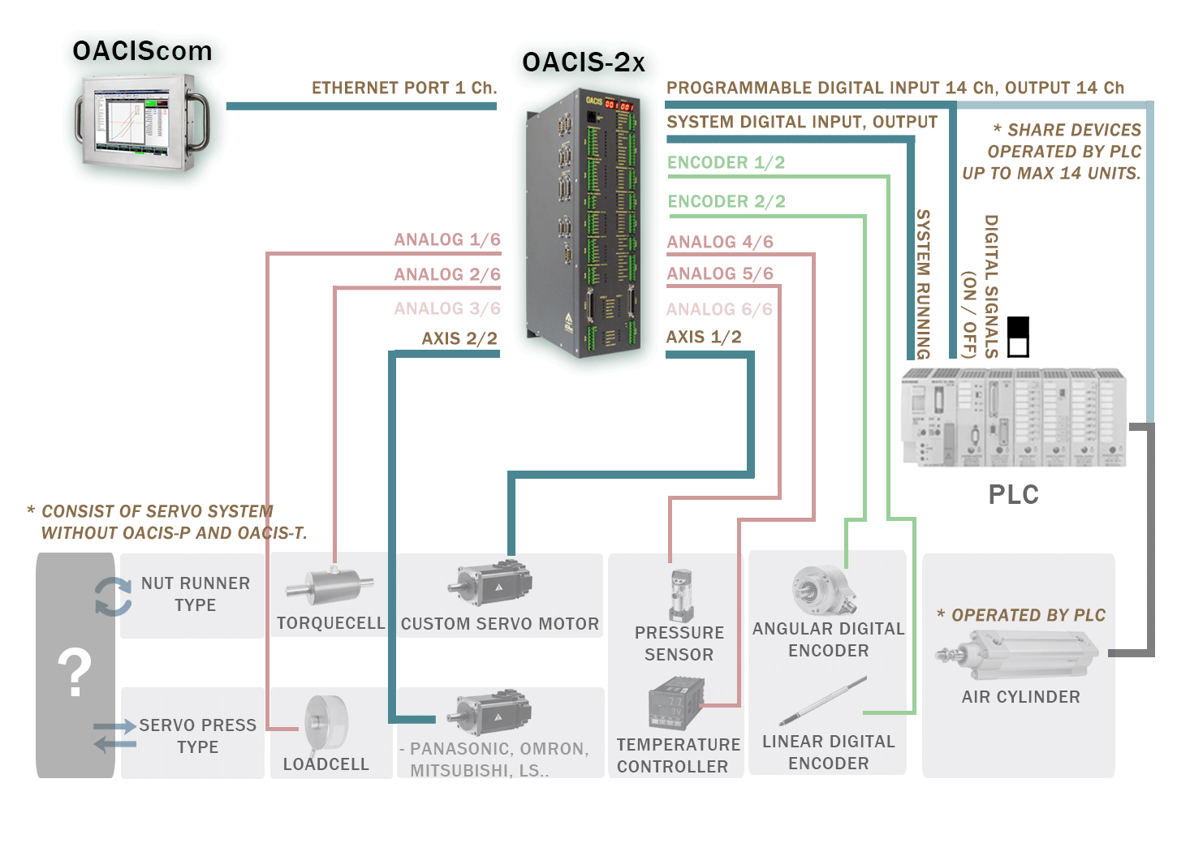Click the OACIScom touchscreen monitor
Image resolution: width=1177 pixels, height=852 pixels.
tap(141, 122)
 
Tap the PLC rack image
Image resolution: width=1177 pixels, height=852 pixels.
tap(1014, 417)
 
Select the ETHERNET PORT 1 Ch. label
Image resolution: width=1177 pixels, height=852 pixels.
tap(403, 88)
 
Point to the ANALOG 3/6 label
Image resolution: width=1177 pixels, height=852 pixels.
tap(446, 308)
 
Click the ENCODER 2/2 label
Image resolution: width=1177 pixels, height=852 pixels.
tap(726, 201)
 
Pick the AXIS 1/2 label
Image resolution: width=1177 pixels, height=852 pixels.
tap(703, 337)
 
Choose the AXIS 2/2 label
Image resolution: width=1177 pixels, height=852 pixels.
tap(459, 338)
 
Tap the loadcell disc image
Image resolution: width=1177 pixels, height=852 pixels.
tap(326, 721)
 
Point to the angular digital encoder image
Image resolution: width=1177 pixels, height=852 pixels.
tap(823, 590)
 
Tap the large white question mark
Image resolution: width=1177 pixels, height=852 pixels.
tap(75, 672)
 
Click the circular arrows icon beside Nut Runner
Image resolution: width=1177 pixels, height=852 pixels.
tap(113, 596)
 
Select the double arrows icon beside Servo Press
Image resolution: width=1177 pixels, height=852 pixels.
tap(114, 735)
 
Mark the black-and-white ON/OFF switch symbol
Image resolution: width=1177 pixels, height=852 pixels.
tap(1018, 337)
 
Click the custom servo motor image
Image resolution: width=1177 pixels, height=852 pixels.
tap(492, 583)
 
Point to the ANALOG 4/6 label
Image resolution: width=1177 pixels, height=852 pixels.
tap(719, 242)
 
